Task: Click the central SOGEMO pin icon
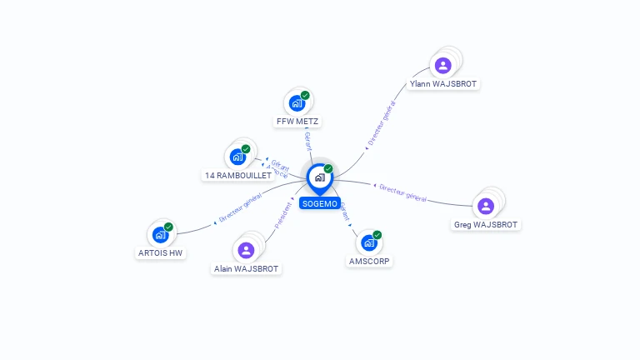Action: tap(319, 177)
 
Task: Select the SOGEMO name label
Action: tap(319, 203)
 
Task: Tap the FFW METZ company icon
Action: tap(297, 103)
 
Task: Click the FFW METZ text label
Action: tap(297, 121)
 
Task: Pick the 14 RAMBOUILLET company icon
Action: tap(238, 157)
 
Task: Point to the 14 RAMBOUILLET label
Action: tap(238, 175)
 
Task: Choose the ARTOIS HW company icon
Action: tap(161, 234)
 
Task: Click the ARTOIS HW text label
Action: tap(159, 252)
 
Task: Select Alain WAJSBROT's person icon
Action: tap(246, 249)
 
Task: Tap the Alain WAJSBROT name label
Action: tap(247, 268)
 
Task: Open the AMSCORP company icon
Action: tap(369, 242)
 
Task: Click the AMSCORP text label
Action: tap(369, 261)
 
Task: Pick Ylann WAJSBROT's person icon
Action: tap(443, 65)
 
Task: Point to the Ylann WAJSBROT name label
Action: tap(443, 83)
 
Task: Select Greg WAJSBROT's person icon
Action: tap(486, 206)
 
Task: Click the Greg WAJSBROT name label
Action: tap(486, 224)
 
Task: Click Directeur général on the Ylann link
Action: tap(382, 125)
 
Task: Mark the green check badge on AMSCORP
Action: tap(377, 235)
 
